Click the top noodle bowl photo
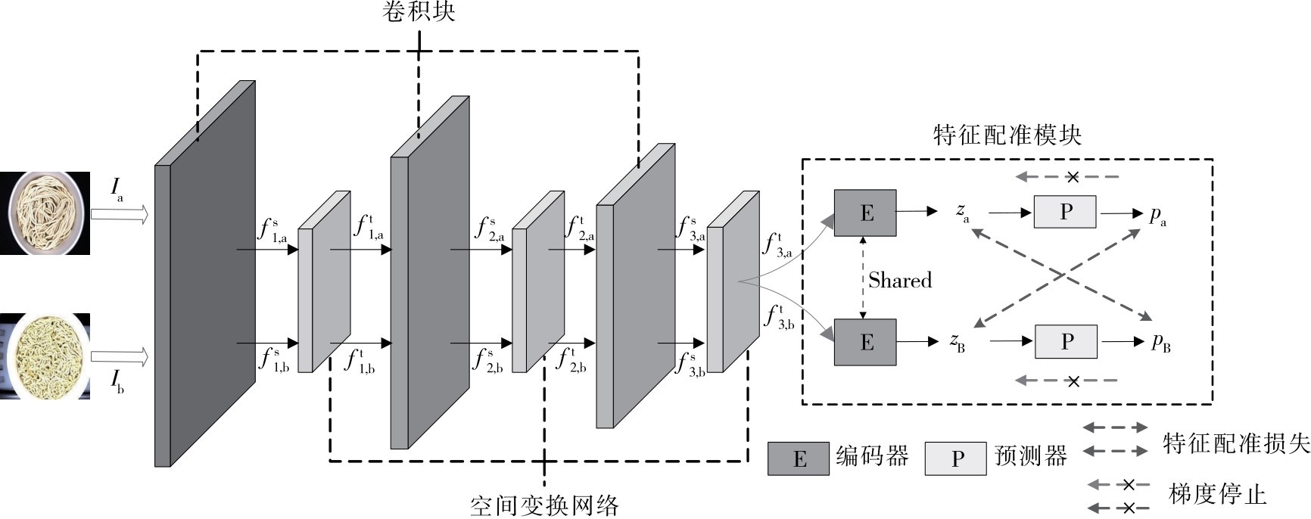[x=45, y=213]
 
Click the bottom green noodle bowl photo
[x=45, y=356]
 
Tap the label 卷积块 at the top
[x=419, y=11]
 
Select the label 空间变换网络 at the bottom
[x=544, y=505]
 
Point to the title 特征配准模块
[x=1007, y=135]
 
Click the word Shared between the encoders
[x=900, y=281]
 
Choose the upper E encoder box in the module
[x=865, y=213]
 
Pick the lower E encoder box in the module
[x=865, y=342]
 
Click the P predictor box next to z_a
[x=1065, y=212]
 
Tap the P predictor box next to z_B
[x=1066, y=342]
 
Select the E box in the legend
[x=799, y=458]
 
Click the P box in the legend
[x=956, y=458]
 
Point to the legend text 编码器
[x=872, y=456]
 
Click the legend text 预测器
[x=1031, y=456]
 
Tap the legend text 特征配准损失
[x=1236, y=443]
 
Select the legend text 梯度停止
[x=1217, y=494]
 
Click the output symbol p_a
[x=1158, y=216]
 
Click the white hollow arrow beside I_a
[x=120, y=215]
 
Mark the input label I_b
[x=117, y=381]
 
